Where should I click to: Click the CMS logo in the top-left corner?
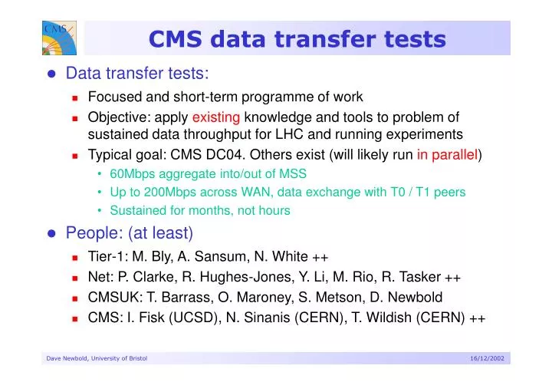[58, 39]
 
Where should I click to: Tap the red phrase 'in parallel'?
[447, 154]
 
